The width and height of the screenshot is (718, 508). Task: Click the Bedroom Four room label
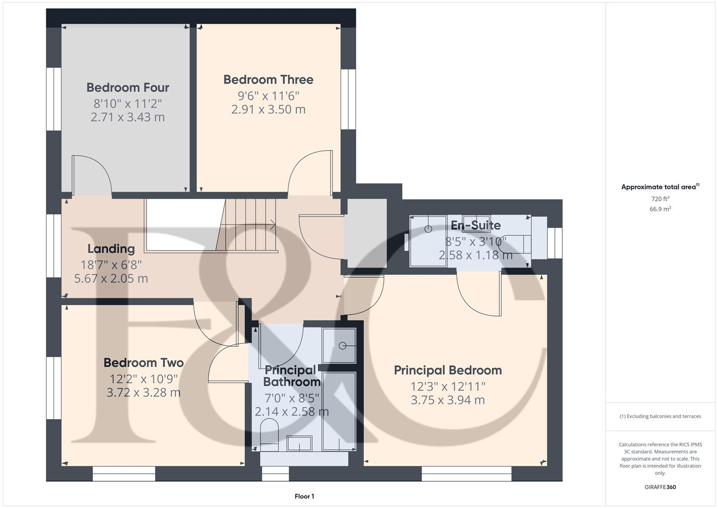(127, 87)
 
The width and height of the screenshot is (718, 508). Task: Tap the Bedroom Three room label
(268, 79)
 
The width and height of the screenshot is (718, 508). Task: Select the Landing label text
(111, 249)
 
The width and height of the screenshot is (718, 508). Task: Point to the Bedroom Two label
(143, 363)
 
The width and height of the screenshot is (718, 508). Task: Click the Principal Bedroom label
(448, 370)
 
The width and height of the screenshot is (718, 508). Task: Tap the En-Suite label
(475, 225)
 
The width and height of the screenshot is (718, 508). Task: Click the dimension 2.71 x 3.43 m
(127, 117)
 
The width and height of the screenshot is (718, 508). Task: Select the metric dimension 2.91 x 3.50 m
(268, 110)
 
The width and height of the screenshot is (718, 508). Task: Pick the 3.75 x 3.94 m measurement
(448, 400)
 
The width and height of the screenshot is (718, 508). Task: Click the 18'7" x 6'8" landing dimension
(111, 264)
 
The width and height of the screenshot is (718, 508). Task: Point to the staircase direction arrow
(271, 225)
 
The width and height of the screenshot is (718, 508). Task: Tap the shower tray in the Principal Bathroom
(339, 346)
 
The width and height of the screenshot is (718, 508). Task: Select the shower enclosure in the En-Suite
(428, 240)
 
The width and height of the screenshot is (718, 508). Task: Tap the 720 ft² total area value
(660, 199)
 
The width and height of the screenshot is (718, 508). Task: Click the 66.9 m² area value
(660, 209)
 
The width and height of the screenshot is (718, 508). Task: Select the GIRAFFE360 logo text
(660, 487)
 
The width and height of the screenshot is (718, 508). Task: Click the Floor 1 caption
(304, 496)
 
